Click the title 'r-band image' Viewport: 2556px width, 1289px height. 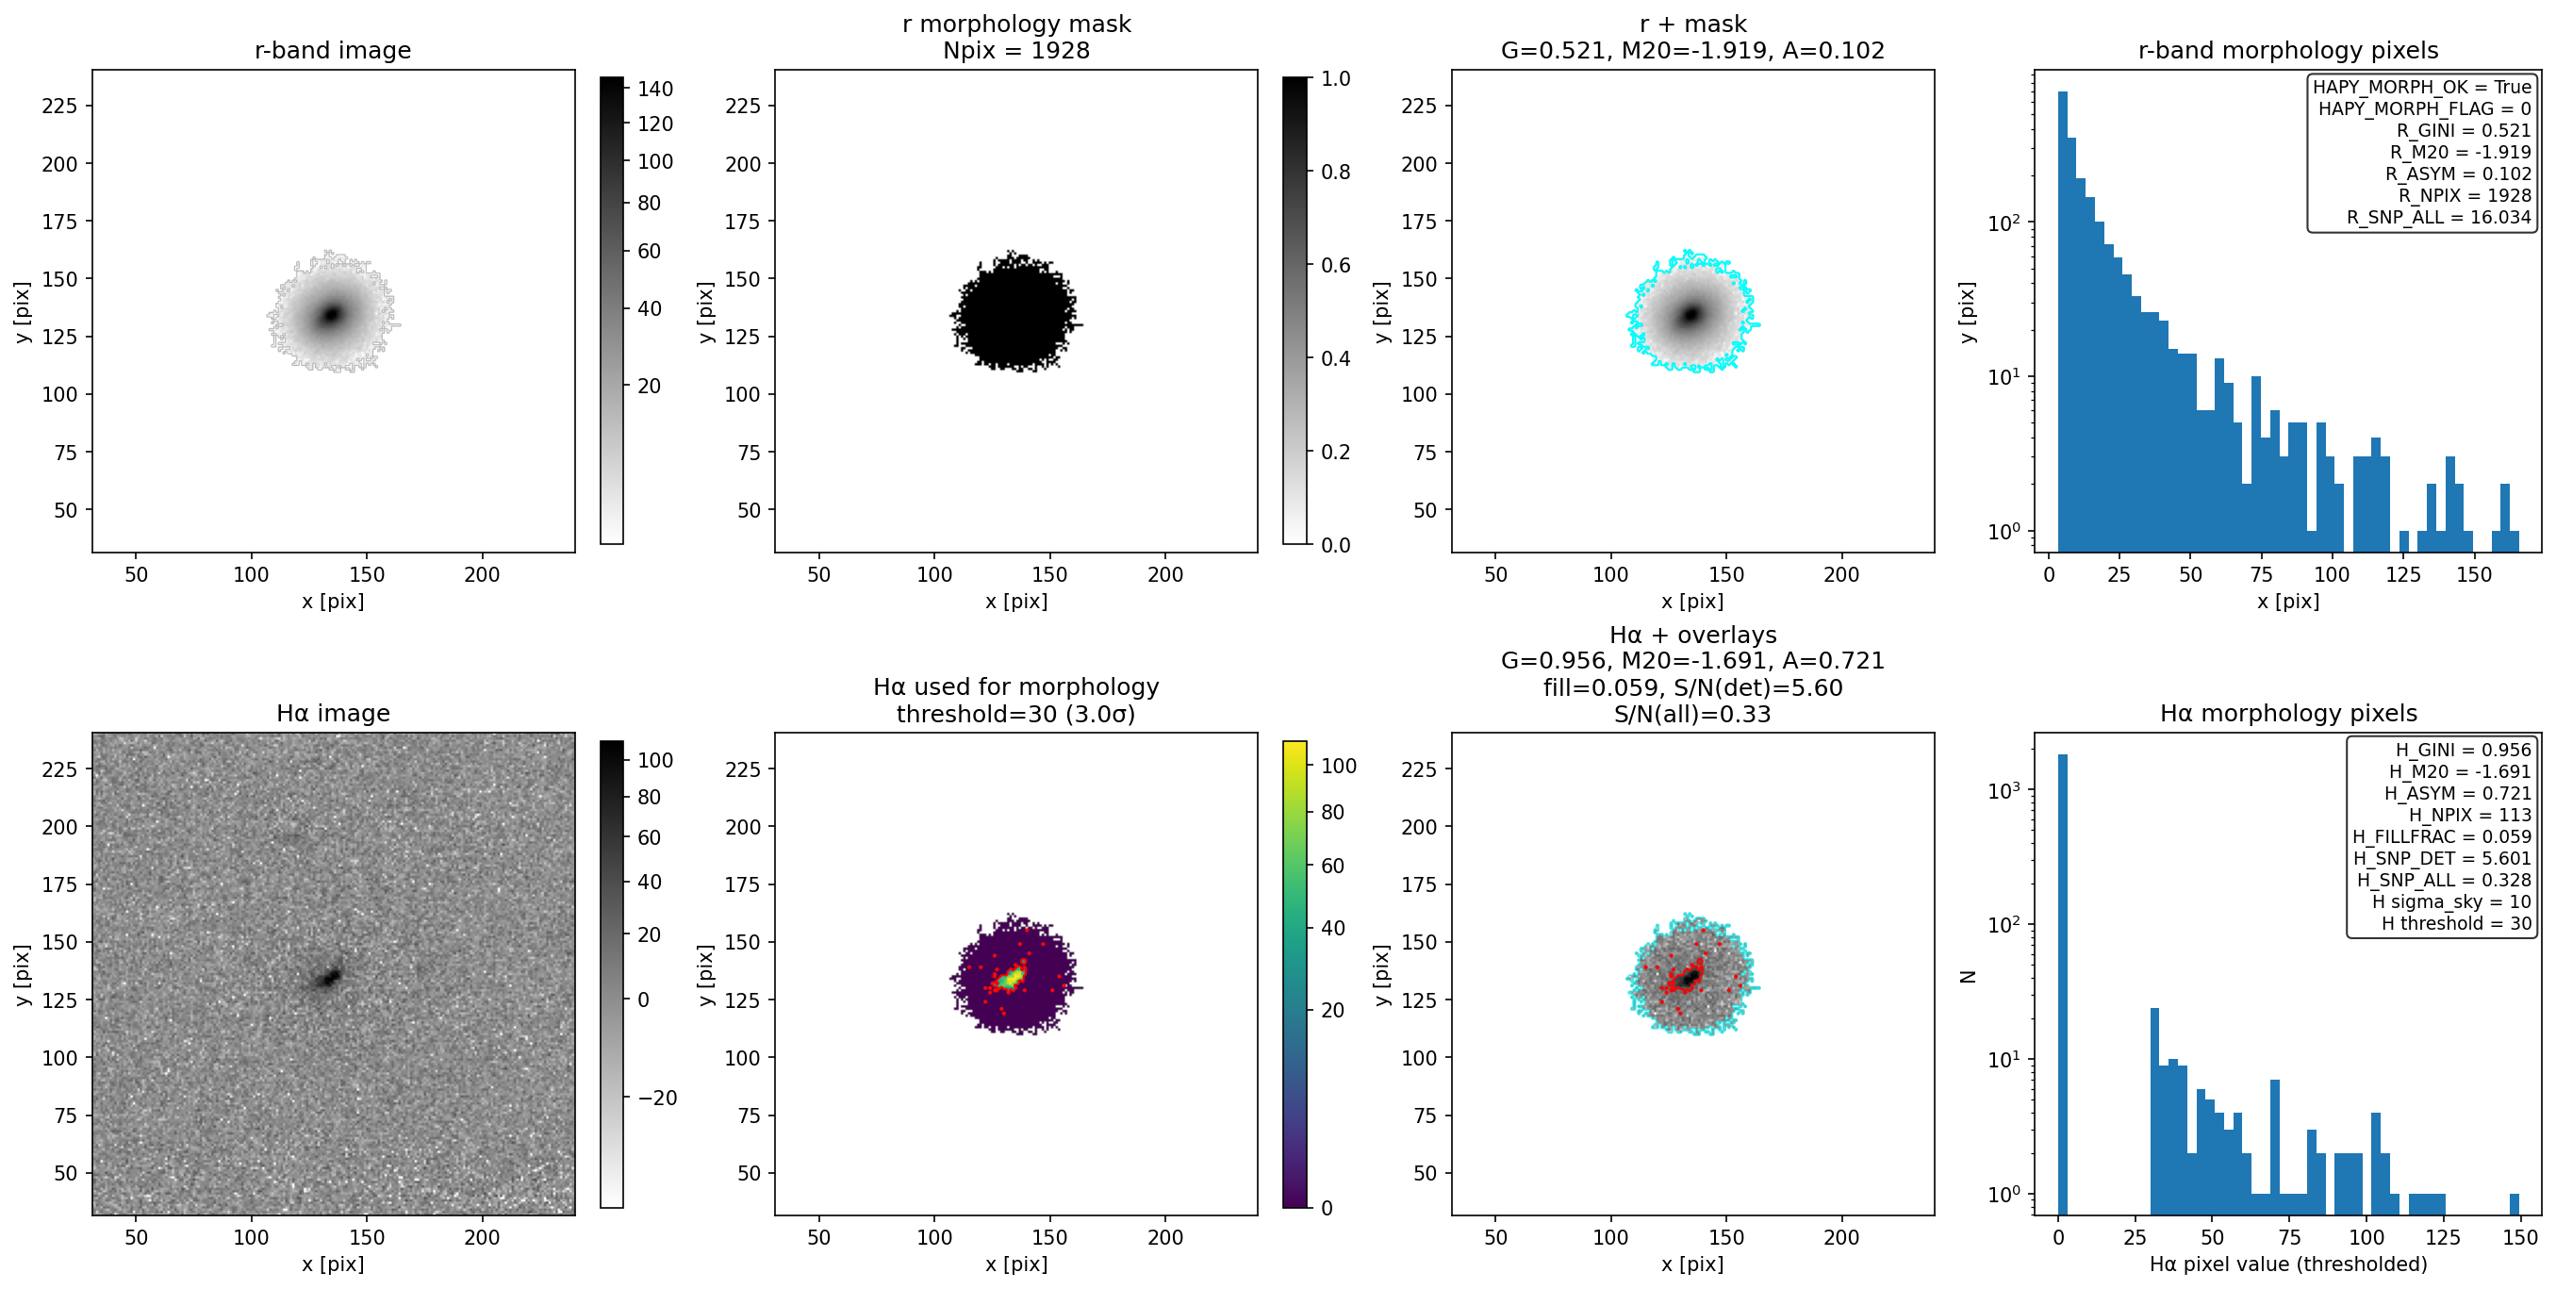(333, 50)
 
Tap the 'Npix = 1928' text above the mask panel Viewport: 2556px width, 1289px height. (1016, 50)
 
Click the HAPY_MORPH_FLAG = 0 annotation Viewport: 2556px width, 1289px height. (2424, 108)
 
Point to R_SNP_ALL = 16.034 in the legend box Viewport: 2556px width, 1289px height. (2438, 217)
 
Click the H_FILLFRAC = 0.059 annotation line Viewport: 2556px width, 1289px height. (2442, 836)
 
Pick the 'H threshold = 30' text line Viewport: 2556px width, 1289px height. (2457, 924)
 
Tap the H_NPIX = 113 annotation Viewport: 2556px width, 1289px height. (2469, 815)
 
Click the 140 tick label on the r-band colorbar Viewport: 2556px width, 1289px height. (655, 89)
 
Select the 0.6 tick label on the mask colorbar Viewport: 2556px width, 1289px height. (1336, 265)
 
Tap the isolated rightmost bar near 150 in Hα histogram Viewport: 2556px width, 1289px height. (2515, 1203)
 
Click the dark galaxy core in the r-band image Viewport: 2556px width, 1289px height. (332, 315)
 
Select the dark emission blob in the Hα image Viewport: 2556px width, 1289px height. (328, 979)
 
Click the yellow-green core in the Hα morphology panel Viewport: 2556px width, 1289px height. (1012, 978)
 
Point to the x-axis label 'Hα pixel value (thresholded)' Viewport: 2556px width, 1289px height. (2288, 1264)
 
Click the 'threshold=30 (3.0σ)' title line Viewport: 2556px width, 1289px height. (1016, 714)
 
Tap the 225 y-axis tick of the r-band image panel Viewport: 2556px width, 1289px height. (59, 107)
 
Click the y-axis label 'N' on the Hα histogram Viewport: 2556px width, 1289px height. (1969, 977)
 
